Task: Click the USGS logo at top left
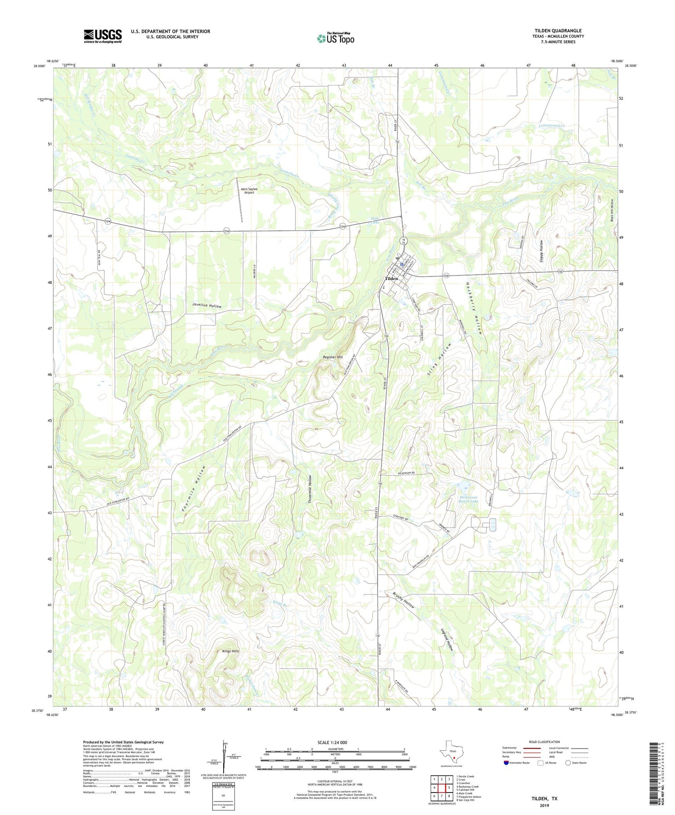pyautogui.click(x=103, y=36)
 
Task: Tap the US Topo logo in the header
pyautogui.click(x=335, y=38)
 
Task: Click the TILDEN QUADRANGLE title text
pyautogui.click(x=558, y=31)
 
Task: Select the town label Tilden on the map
pyautogui.click(x=391, y=279)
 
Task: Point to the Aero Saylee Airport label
pyautogui.click(x=249, y=191)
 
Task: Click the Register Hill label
pyautogui.click(x=333, y=357)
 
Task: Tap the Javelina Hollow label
pyautogui.click(x=207, y=306)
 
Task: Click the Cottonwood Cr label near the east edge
pyautogui.click(x=552, y=126)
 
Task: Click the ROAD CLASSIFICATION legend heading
pyautogui.click(x=544, y=742)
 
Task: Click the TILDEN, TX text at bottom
pyautogui.click(x=544, y=798)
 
